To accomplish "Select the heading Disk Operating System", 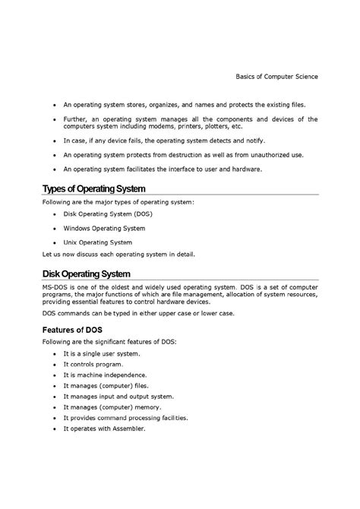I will (87, 273).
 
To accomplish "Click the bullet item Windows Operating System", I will (104, 227).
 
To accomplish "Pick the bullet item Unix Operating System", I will (98, 242).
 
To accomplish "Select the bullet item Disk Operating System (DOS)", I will (107, 213).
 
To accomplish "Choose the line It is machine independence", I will (105, 375).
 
